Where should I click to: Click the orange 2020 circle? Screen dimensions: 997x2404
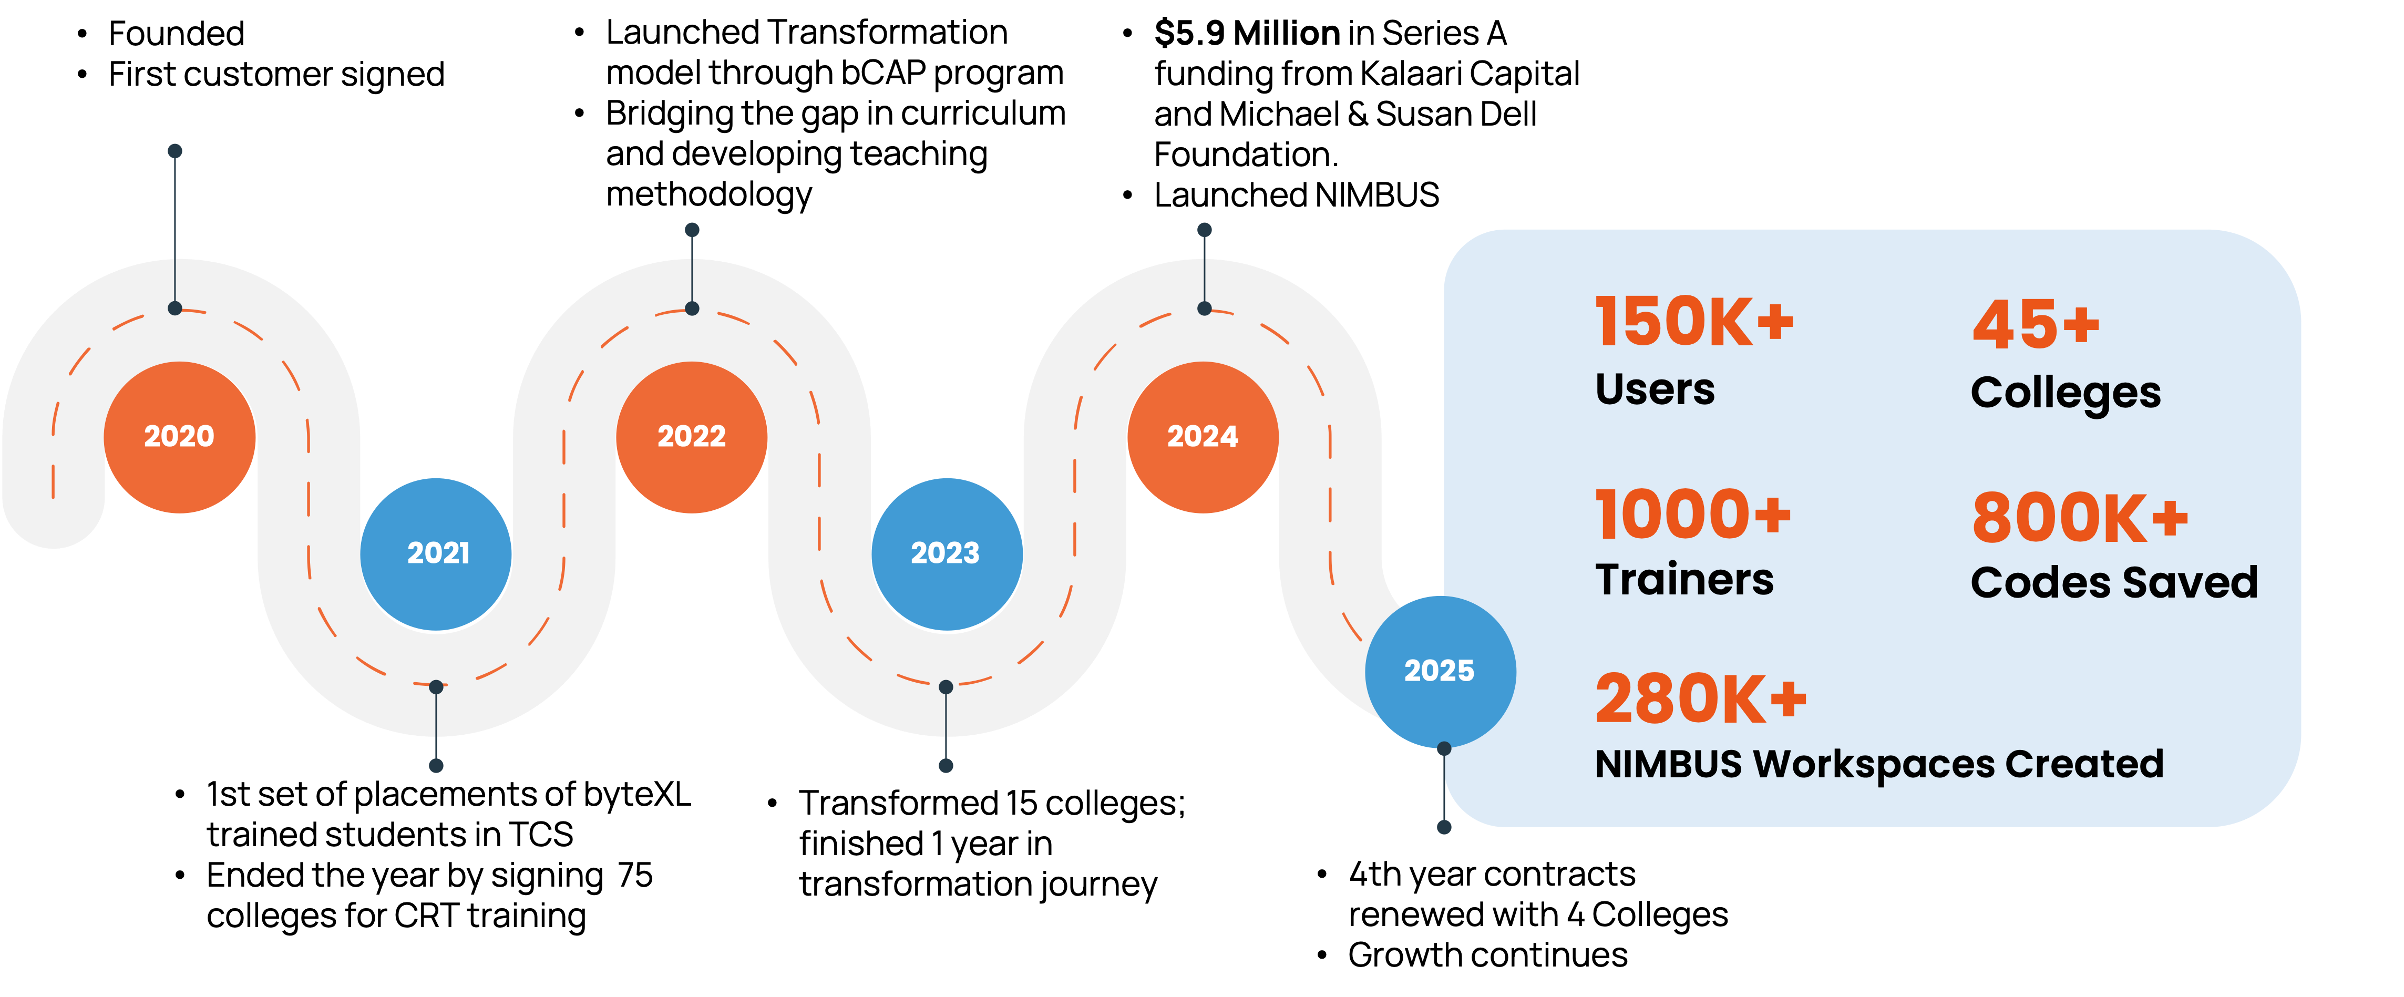tap(179, 437)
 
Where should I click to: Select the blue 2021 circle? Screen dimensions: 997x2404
tap(437, 553)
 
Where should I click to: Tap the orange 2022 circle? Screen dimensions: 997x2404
tap(692, 437)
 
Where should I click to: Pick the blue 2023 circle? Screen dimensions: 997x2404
tap(946, 553)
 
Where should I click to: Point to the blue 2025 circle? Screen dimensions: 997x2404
tap(1440, 671)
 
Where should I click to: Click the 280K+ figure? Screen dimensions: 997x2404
tap(1700, 699)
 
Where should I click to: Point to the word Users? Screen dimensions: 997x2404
tap(1655, 389)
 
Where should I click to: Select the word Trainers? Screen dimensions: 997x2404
tap(1684, 580)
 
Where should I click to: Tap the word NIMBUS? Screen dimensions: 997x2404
tap(1669, 765)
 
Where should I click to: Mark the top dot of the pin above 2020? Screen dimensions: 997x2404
tap(174, 151)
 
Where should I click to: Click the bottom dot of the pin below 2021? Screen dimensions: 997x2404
tap(436, 765)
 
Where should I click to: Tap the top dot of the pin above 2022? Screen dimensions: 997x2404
tap(692, 230)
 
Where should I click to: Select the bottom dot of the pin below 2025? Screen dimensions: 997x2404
tap(1444, 827)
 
